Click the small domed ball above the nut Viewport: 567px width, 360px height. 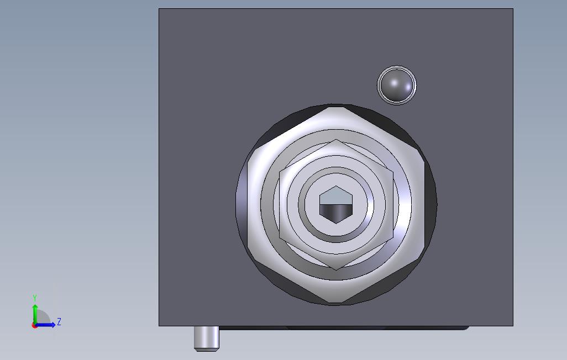(397, 85)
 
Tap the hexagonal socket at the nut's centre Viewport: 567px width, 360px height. (336, 205)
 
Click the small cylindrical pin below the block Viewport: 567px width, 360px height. (207, 338)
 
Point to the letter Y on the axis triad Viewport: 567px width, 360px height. (35, 298)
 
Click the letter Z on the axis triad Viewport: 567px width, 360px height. (59, 321)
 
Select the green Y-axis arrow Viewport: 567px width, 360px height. (35, 315)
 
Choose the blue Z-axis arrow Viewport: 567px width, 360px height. (45, 325)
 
